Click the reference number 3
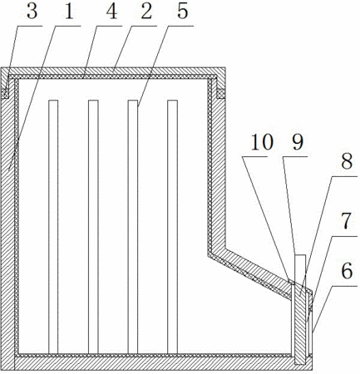[x=32, y=12]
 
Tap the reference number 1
[x=69, y=12]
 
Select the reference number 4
[x=111, y=12]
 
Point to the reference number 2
[x=146, y=12]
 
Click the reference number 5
[x=183, y=12]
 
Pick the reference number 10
[x=262, y=142]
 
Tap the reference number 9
[x=298, y=142]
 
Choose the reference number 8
[x=347, y=161]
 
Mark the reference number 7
[x=347, y=221]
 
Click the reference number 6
[x=347, y=271]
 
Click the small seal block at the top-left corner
[x=5, y=94]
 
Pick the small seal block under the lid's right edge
[x=220, y=94]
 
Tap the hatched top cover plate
[x=113, y=71]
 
